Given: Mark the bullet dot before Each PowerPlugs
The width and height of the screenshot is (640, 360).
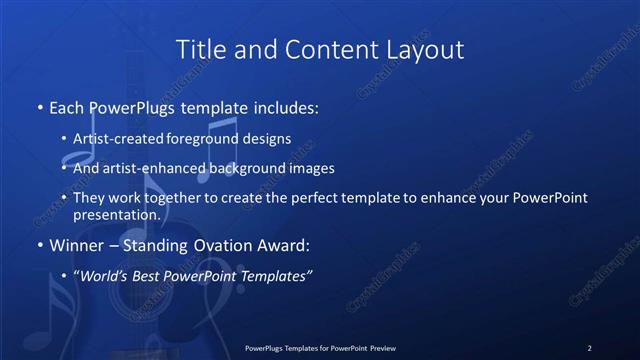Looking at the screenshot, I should click(x=39, y=106).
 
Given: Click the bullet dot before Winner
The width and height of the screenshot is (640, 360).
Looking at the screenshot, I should click(x=39, y=245).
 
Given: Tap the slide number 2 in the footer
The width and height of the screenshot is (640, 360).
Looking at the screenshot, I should click(x=589, y=347).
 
